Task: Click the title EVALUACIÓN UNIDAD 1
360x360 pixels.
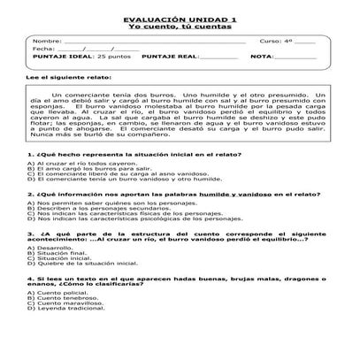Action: tap(180, 19)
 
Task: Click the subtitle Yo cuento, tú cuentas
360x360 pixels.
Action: tap(180, 27)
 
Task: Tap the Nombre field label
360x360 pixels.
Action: tap(47, 42)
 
